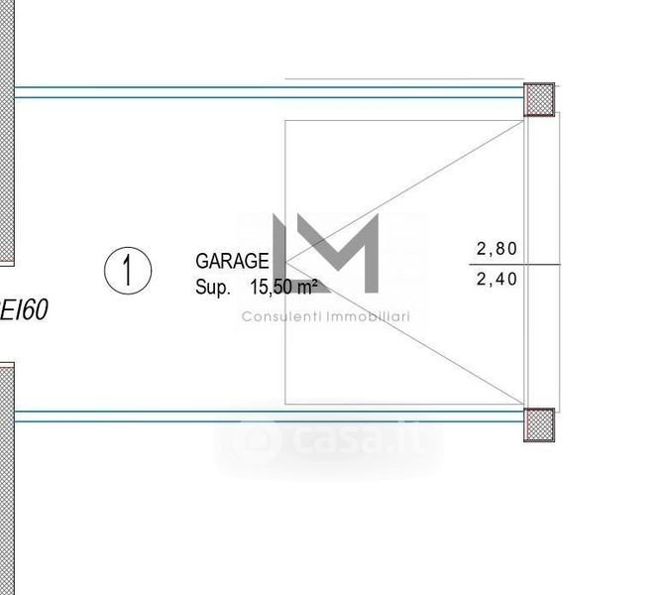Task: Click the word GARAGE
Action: [x=232, y=261]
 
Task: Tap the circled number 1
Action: [x=128, y=271]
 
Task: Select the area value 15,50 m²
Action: [x=283, y=288]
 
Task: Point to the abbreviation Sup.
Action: [x=213, y=288]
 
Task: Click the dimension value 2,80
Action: [x=496, y=249]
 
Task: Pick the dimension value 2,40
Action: [x=496, y=280]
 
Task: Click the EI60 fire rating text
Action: [x=24, y=309]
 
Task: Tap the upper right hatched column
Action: [x=539, y=99]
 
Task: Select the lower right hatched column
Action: [x=539, y=424]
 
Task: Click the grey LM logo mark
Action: [x=326, y=253]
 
